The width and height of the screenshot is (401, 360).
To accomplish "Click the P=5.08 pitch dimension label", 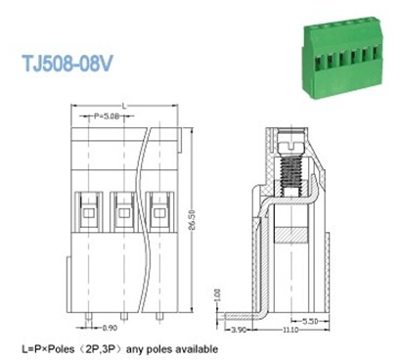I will (x=112, y=116).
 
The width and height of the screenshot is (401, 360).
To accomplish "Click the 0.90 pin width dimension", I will (x=110, y=327).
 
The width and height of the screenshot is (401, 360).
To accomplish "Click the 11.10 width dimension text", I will (x=293, y=332).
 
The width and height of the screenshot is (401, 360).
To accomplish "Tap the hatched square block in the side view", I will (x=290, y=236).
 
